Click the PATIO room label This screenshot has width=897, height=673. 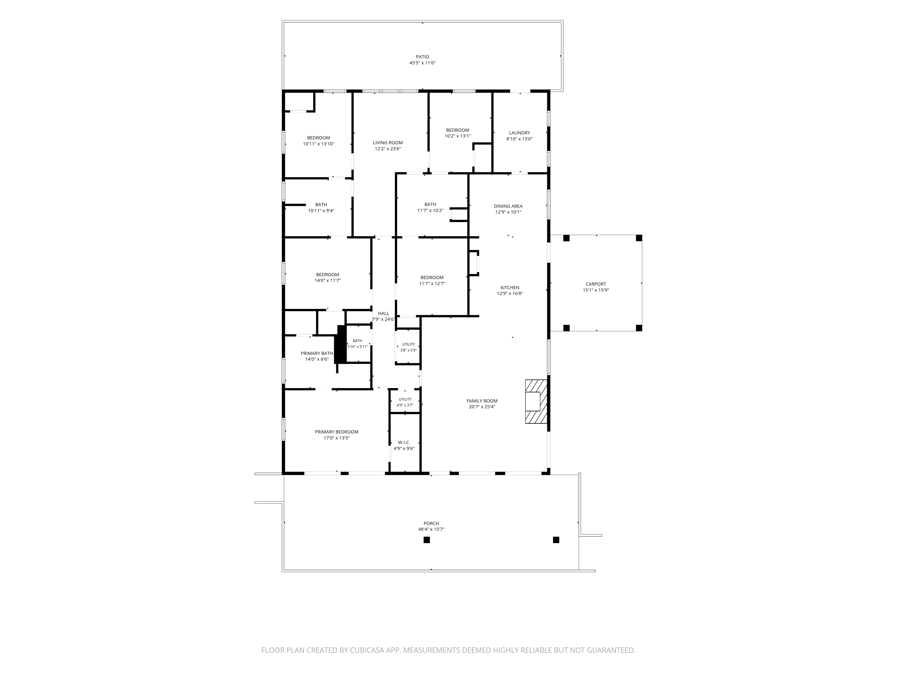click(x=422, y=57)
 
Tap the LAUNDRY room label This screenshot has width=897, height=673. click(x=519, y=133)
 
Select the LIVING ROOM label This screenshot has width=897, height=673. click(x=388, y=143)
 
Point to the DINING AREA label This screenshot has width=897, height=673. click(x=508, y=206)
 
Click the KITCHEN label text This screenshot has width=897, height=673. click(x=510, y=288)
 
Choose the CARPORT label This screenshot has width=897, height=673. click(x=596, y=284)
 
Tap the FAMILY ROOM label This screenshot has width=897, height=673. click(x=482, y=401)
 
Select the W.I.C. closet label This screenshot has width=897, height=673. click(x=404, y=442)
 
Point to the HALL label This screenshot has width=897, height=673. click(x=383, y=313)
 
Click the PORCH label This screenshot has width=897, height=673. click(x=431, y=523)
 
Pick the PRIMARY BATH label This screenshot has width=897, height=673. click(x=317, y=353)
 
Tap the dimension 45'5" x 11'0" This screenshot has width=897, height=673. click(x=422, y=63)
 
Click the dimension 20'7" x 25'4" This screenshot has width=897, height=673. click(x=482, y=407)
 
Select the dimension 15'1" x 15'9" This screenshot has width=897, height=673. click(x=596, y=290)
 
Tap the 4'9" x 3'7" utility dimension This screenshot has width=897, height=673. click(x=405, y=405)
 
